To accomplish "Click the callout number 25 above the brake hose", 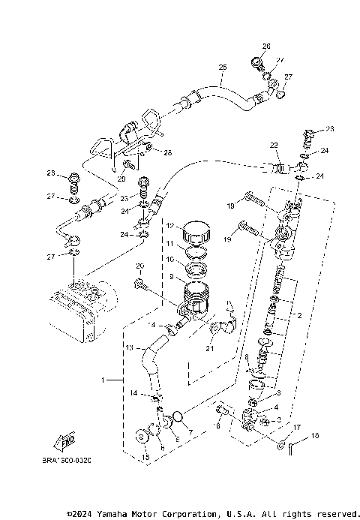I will [222, 68].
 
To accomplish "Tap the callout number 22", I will [274, 145].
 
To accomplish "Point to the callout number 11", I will [169, 244].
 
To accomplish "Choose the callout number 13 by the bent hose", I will [129, 347].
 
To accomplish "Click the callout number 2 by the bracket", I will [298, 316].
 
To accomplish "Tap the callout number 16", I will [315, 434].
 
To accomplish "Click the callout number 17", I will [297, 428].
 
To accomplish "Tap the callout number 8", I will [246, 356].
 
